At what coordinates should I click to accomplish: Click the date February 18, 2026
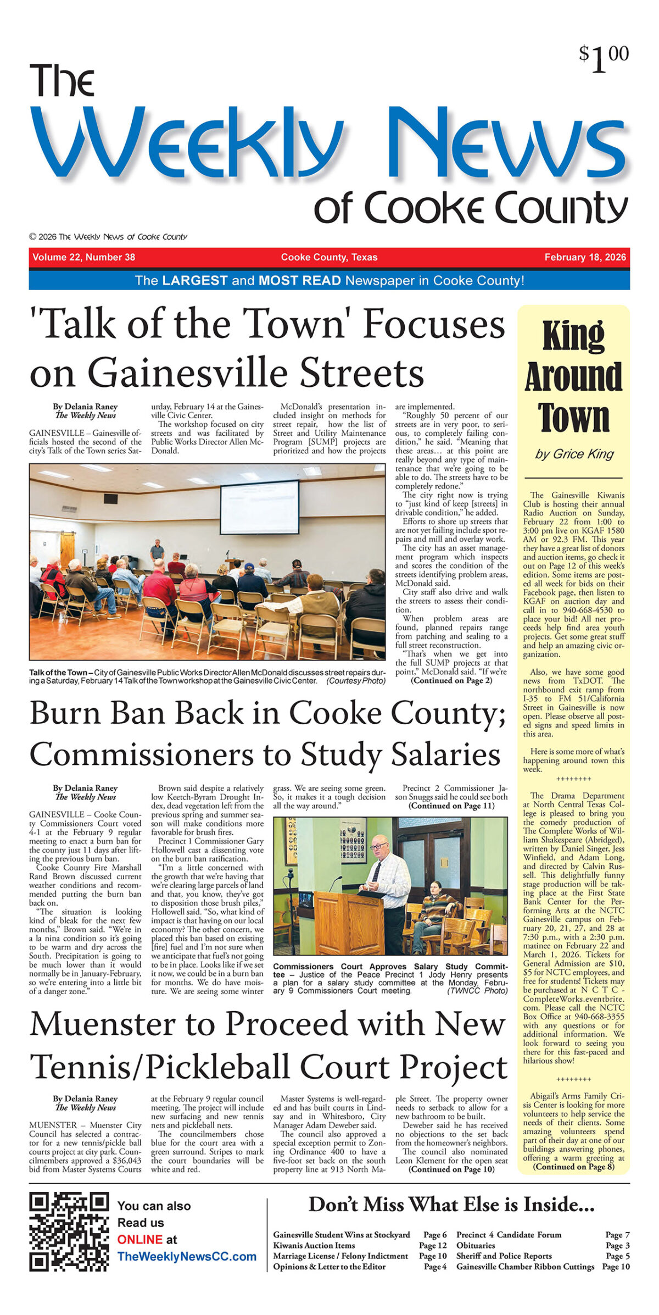[x=585, y=257]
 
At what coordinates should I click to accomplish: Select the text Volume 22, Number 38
[x=83, y=257]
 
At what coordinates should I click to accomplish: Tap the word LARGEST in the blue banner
[x=194, y=281]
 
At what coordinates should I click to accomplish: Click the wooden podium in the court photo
[x=341, y=923]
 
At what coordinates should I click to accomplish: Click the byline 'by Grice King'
[x=574, y=454]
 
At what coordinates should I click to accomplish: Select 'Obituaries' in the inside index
[x=476, y=1245]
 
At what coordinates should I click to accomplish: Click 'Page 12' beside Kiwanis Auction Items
[x=433, y=1245]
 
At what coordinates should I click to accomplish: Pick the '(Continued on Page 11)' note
[x=451, y=806]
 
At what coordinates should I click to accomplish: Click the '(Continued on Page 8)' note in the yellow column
[x=573, y=1167]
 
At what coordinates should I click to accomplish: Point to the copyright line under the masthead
[x=108, y=237]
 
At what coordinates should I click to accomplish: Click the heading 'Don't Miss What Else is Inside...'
[x=451, y=1205]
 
